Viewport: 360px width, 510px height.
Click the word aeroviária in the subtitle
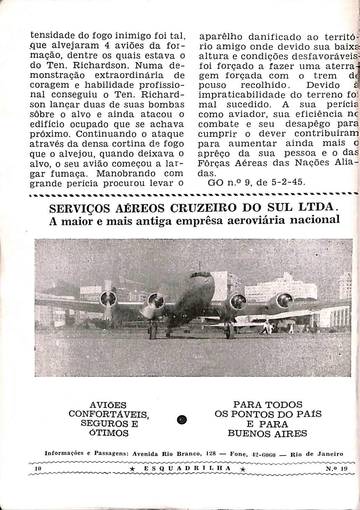click(x=261, y=221)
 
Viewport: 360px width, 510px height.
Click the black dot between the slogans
click(x=181, y=420)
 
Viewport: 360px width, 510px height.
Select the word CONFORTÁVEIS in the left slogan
click(x=109, y=414)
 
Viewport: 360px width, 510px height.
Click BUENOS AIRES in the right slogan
click(x=267, y=433)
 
